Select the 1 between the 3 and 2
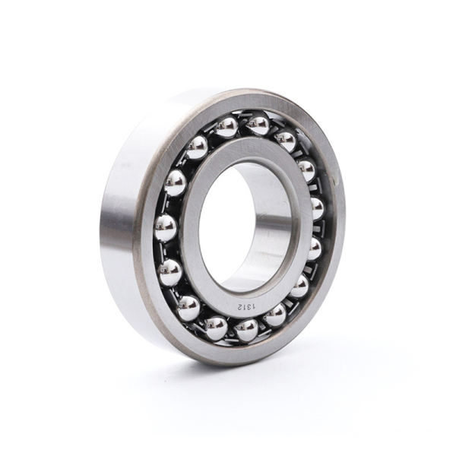tap(245, 306)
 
